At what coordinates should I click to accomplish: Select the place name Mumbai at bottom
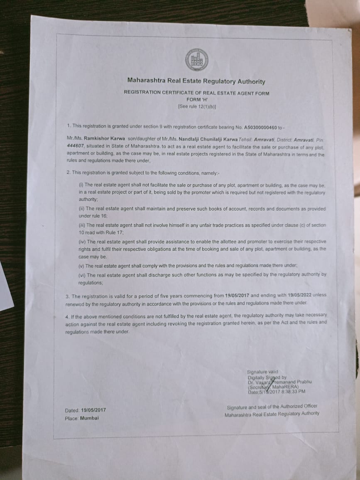point(89,418)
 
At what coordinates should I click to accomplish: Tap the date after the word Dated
point(94,410)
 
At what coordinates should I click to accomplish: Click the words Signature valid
point(262,372)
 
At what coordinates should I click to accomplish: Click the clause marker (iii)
point(81,225)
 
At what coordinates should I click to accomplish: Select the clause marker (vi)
point(82,275)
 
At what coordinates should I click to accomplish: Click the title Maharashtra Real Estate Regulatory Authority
point(196,82)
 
